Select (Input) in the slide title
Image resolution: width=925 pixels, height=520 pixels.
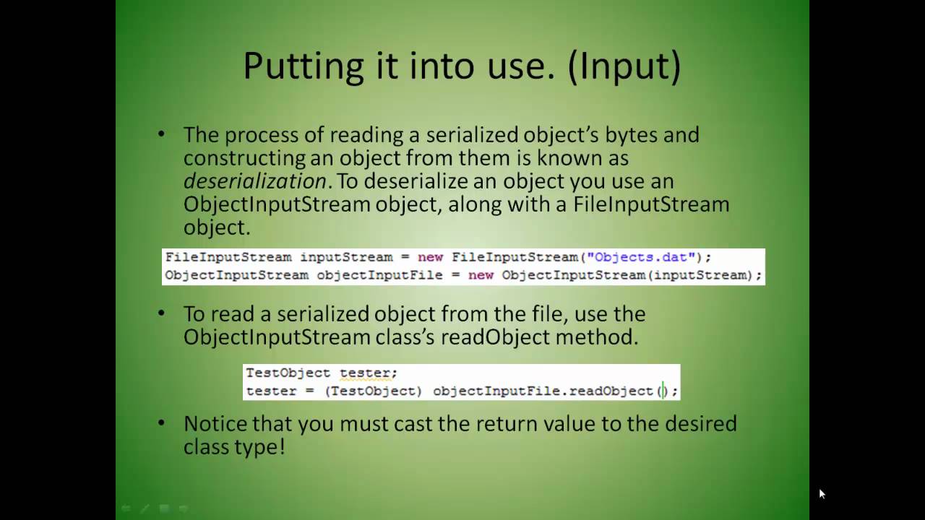(x=624, y=66)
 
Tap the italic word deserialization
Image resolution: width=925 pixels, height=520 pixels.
(x=255, y=181)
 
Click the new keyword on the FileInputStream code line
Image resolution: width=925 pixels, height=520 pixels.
(x=430, y=257)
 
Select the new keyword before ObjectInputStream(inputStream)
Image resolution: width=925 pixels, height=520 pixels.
(x=481, y=275)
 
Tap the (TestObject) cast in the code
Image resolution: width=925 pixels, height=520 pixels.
(x=373, y=391)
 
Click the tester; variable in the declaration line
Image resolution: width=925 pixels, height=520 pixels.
(x=368, y=373)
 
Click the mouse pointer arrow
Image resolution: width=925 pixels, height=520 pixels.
(x=822, y=494)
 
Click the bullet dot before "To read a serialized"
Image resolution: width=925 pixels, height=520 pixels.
(x=161, y=314)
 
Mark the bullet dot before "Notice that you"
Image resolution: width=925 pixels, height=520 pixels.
(x=161, y=423)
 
